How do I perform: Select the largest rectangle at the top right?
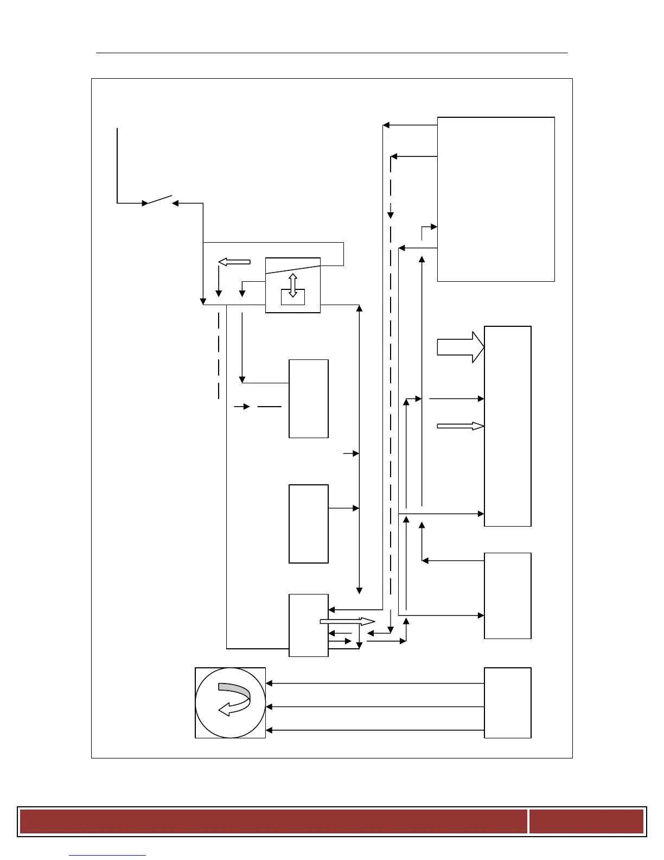pyautogui.click(x=496, y=199)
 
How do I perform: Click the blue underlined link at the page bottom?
pyautogui.click(x=107, y=855)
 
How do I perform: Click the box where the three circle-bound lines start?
pyautogui.click(x=507, y=703)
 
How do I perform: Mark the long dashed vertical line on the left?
pyautogui.click(x=219, y=356)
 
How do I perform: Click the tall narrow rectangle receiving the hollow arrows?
pyautogui.click(x=507, y=426)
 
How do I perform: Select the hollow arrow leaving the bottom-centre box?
pyautogui.click(x=347, y=621)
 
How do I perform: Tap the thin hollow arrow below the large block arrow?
pyautogui.click(x=460, y=426)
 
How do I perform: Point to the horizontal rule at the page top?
pyautogui.click(x=331, y=53)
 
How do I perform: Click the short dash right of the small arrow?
pyautogui.click(x=270, y=406)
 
